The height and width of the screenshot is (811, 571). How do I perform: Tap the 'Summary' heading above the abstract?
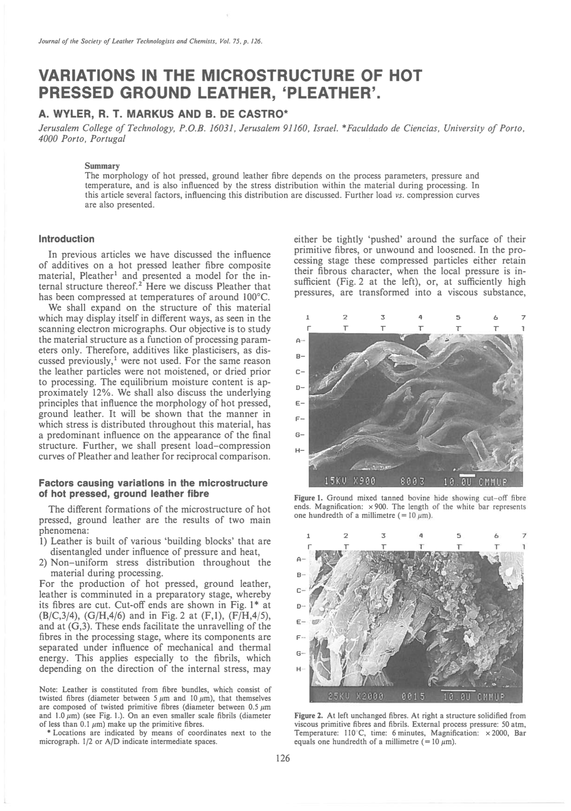(102, 166)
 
